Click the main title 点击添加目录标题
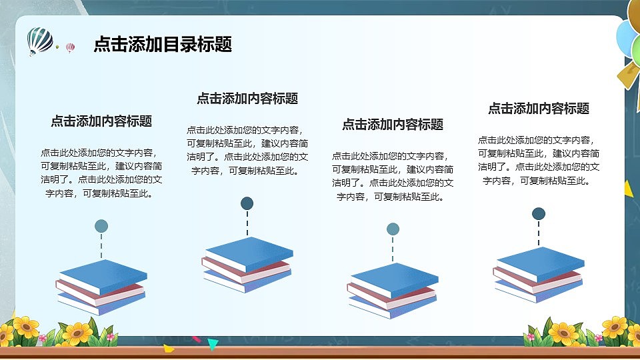tap(163, 45)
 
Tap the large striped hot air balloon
tap(40, 41)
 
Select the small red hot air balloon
tap(70, 47)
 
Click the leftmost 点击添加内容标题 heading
tap(101, 121)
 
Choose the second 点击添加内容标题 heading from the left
tap(247, 99)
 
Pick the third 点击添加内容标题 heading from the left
tap(393, 125)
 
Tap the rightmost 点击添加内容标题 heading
tap(539, 109)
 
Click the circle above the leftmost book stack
tap(101, 226)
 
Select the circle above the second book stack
tap(247, 203)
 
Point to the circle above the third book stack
tap(393, 229)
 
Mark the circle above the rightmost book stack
tap(539, 213)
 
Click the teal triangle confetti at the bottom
tap(213, 344)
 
